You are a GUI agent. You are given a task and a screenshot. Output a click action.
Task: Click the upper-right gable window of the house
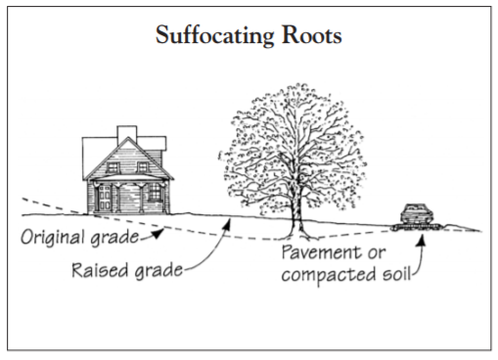[x=139, y=165]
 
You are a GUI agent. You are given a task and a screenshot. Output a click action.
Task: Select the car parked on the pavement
[x=414, y=214]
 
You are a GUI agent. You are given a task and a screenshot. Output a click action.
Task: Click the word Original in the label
[x=56, y=238]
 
